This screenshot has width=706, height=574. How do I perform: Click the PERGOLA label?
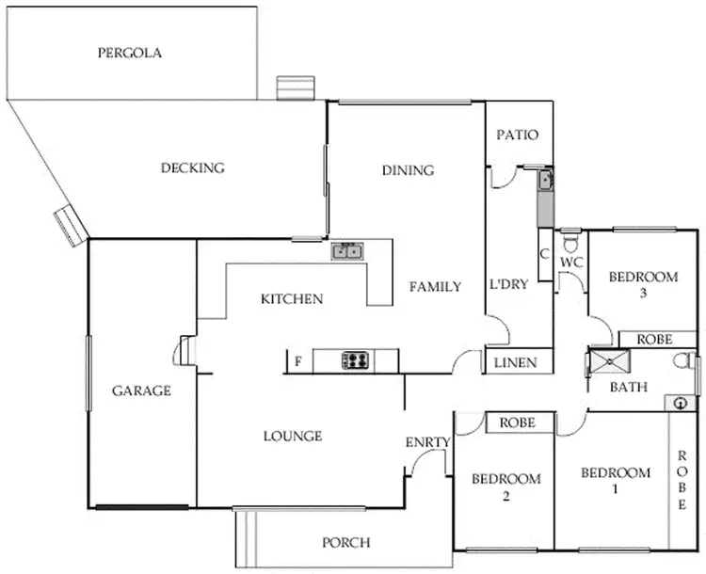pyautogui.click(x=130, y=53)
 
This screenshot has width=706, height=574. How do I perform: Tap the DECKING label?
pyautogui.click(x=192, y=168)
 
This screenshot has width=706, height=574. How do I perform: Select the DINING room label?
pyautogui.click(x=408, y=170)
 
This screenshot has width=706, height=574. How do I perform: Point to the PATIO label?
pyautogui.click(x=518, y=135)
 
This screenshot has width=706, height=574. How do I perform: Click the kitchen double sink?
pyautogui.click(x=346, y=251)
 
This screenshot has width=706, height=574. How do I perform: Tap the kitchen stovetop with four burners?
pyautogui.click(x=355, y=359)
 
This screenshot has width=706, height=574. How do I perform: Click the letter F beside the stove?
pyautogui.click(x=297, y=361)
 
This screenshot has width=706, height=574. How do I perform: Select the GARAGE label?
pyautogui.click(x=141, y=391)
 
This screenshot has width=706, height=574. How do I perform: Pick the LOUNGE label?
pyautogui.click(x=292, y=436)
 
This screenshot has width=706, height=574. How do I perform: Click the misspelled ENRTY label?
pyautogui.click(x=428, y=442)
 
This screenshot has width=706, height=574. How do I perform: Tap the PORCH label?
pyautogui.click(x=345, y=542)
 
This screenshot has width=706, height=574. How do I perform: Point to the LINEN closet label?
pyautogui.click(x=517, y=362)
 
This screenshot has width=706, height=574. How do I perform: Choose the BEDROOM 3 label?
pyautogui.click(x=643, y=284)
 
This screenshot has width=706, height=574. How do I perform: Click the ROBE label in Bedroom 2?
pyautogui.click(x=517, y=423)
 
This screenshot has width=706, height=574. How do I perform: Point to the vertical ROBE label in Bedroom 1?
pyautogui.click(x=682, y=480)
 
